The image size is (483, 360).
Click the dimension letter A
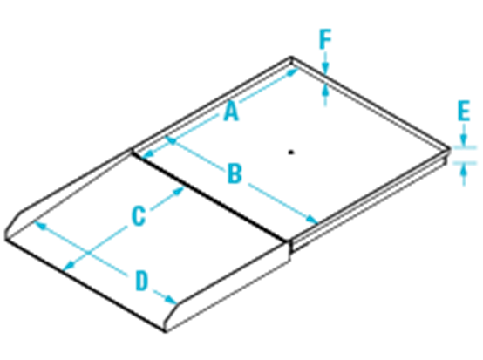click(231, 112)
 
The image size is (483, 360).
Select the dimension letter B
click(235, 173)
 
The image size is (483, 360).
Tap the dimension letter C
click(139, 216)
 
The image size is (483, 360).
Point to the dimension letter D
click(142, 281)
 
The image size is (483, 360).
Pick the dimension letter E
click(464, 111)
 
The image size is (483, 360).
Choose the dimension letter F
click(325, 39)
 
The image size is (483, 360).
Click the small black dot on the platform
click(291, 153)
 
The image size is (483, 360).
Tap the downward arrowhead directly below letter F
click(325, 68)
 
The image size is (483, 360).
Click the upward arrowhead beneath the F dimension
click(325, 90)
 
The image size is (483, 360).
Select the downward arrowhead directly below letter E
click(464, 140)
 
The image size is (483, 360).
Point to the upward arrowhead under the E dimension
click(464, 170)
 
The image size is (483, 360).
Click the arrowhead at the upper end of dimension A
click(292, 71)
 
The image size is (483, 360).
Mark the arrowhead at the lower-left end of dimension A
click(148, 153)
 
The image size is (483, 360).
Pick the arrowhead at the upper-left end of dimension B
click(171, 140)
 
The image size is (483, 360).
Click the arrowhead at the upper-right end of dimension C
click(178, 191)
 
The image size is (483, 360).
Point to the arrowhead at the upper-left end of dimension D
click(40, 226)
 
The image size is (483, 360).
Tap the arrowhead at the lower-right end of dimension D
click(171, 300)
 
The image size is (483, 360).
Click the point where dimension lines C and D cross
click(88, 253)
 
